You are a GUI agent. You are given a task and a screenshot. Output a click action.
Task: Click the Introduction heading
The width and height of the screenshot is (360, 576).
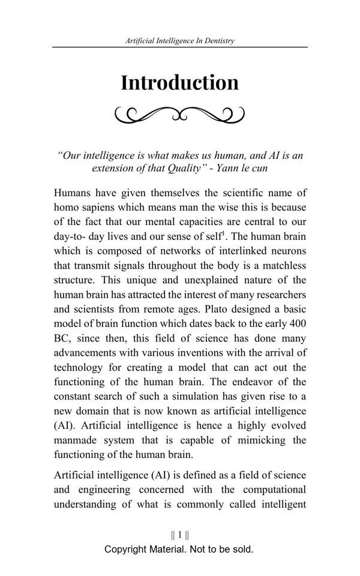pyautogui.click(x=179, y=82)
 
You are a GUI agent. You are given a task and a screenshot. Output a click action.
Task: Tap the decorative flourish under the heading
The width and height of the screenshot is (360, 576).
pyautogui.click(x=179, y=113)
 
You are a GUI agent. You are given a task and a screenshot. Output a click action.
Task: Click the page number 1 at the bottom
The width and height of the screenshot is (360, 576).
pyautogui.click(x=179, y=535)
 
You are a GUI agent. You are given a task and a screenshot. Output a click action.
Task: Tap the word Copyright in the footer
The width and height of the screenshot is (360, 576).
pyautogui.click(x=125, y=549)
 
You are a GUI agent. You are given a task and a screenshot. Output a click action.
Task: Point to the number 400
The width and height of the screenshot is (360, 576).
pyautogui.click(x=297, y=323)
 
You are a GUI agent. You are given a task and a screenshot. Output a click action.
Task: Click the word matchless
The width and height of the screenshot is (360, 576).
pyautogui.click(x=281, y=265)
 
